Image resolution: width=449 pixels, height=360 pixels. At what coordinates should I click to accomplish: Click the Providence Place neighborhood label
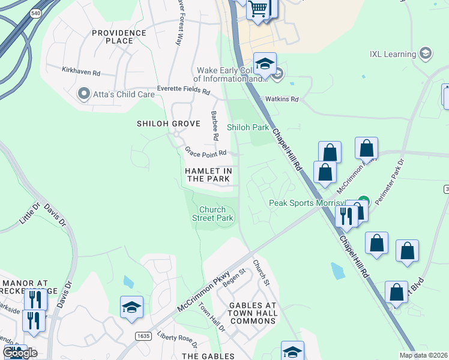click(x=119, y=37)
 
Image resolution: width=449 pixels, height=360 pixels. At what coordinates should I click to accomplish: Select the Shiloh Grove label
click(x=168, y=124)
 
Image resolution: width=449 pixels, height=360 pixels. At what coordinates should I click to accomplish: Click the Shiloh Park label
click(x=247, y=127)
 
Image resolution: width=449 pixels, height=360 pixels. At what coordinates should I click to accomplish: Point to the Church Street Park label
click(x=215, y=214)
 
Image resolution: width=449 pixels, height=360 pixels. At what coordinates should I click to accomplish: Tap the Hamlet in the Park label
click(x=208, y=175)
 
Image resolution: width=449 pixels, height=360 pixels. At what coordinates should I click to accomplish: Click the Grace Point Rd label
click(x=205, y=152)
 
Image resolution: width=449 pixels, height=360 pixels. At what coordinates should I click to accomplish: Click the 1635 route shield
click(x=143, y=335)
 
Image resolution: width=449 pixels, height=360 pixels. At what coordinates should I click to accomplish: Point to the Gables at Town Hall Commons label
click(x=253, y=313)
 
